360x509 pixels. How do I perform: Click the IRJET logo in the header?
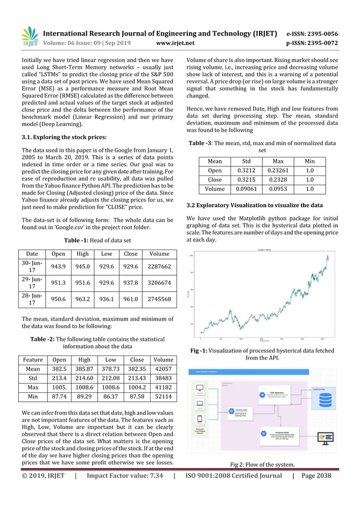[x=29, y=37]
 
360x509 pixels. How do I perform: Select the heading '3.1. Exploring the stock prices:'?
[x=64, y=137]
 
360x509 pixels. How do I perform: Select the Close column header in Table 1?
[x=131, y=254]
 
